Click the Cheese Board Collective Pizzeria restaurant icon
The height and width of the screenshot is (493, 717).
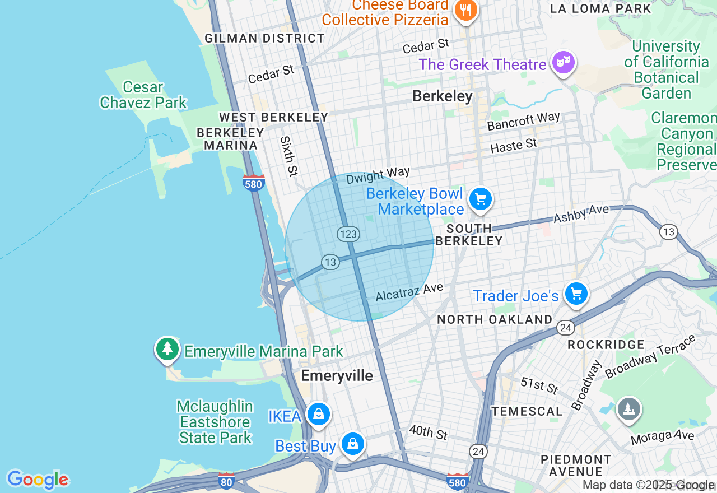coord(465,10)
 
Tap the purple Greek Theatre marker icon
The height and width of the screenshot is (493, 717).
coord(563,63)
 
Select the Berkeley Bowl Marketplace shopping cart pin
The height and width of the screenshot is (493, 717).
coord(480,199)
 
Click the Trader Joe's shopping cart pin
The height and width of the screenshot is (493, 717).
coord(576,294)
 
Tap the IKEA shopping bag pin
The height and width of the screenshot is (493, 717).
coord(319,415)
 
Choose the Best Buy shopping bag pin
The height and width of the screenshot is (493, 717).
coord(352,444)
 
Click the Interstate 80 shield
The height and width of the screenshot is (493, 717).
coord(226,481)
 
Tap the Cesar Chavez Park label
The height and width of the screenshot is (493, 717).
coord(143,95)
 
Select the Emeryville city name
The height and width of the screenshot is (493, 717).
coord(337,375)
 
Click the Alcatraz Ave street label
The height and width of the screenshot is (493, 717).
coord(409,292)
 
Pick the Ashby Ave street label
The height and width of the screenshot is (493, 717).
coord(581,214)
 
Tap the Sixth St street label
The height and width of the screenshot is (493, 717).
coord(288,156)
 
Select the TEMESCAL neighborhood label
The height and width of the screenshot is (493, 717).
coord(527,411)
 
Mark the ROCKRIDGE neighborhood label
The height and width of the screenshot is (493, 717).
coord(606,344)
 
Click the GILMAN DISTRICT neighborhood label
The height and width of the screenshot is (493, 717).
coord(264,38)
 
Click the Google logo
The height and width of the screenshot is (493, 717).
coord(38,480)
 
